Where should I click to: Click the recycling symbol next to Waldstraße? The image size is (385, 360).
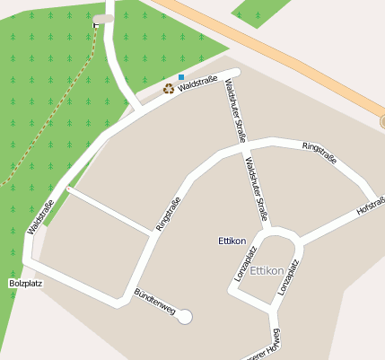coord(168,88)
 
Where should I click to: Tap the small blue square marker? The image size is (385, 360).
coord(181,78)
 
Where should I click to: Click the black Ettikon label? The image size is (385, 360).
coord(232,241)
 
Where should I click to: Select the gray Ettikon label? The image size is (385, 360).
coord(267,270)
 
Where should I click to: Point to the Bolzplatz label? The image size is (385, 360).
coord(26,283)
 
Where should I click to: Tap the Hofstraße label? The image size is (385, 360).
coord(369,207)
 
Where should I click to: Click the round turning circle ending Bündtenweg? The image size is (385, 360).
coord(186,316)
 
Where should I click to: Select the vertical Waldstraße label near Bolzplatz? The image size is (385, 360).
coord(41,216)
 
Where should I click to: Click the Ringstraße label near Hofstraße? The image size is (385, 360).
coord(319,152)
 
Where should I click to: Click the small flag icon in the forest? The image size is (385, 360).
coord(96,25)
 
